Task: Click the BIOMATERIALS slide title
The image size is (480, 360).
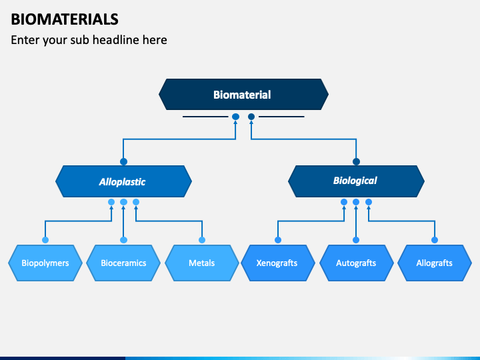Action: point(65,19)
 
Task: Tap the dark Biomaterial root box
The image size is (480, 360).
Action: point(243,94)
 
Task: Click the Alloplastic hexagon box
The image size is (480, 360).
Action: point(124,181)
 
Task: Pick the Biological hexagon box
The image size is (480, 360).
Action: point(356,181)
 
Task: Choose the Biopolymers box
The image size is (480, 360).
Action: point(45,263)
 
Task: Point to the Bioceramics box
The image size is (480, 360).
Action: point(123,263)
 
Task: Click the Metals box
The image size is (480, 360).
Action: point(202,263)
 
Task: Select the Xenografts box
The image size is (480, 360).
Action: point(278,263)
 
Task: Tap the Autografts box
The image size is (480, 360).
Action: point(356,263)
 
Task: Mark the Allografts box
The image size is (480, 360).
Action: point(435,263)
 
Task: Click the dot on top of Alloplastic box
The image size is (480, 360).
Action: point(124,161)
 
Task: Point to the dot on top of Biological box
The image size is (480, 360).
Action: point(356,161)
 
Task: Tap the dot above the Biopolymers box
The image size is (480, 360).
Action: point(45,240)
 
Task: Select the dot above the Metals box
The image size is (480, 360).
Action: point(202,240)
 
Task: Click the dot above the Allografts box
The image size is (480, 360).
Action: point(435,240)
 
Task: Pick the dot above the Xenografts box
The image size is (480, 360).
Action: point(278,240)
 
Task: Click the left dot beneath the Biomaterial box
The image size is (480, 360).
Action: point(235,117)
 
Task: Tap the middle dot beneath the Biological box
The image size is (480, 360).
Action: point(356,202)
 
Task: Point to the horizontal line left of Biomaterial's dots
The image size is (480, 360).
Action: point(205,117)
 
